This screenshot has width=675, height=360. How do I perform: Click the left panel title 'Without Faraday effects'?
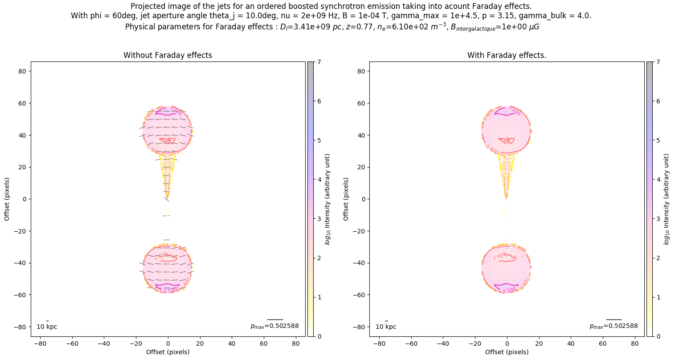(168, 55)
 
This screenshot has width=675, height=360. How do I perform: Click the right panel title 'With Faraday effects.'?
(507, 55)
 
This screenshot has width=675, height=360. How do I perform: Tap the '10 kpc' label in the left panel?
(47, 327)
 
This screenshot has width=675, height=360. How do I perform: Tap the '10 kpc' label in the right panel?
(386, 327)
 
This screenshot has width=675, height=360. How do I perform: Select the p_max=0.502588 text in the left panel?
(274, 326)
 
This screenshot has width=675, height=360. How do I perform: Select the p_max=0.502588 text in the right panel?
(614, 326)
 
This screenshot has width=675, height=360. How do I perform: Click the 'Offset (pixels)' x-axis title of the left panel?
(168, 352)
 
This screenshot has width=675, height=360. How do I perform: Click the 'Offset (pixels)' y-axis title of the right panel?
(346, 199)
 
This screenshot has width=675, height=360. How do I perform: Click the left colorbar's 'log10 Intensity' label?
(327, 199)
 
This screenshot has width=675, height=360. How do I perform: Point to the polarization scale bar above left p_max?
(275, 319)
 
